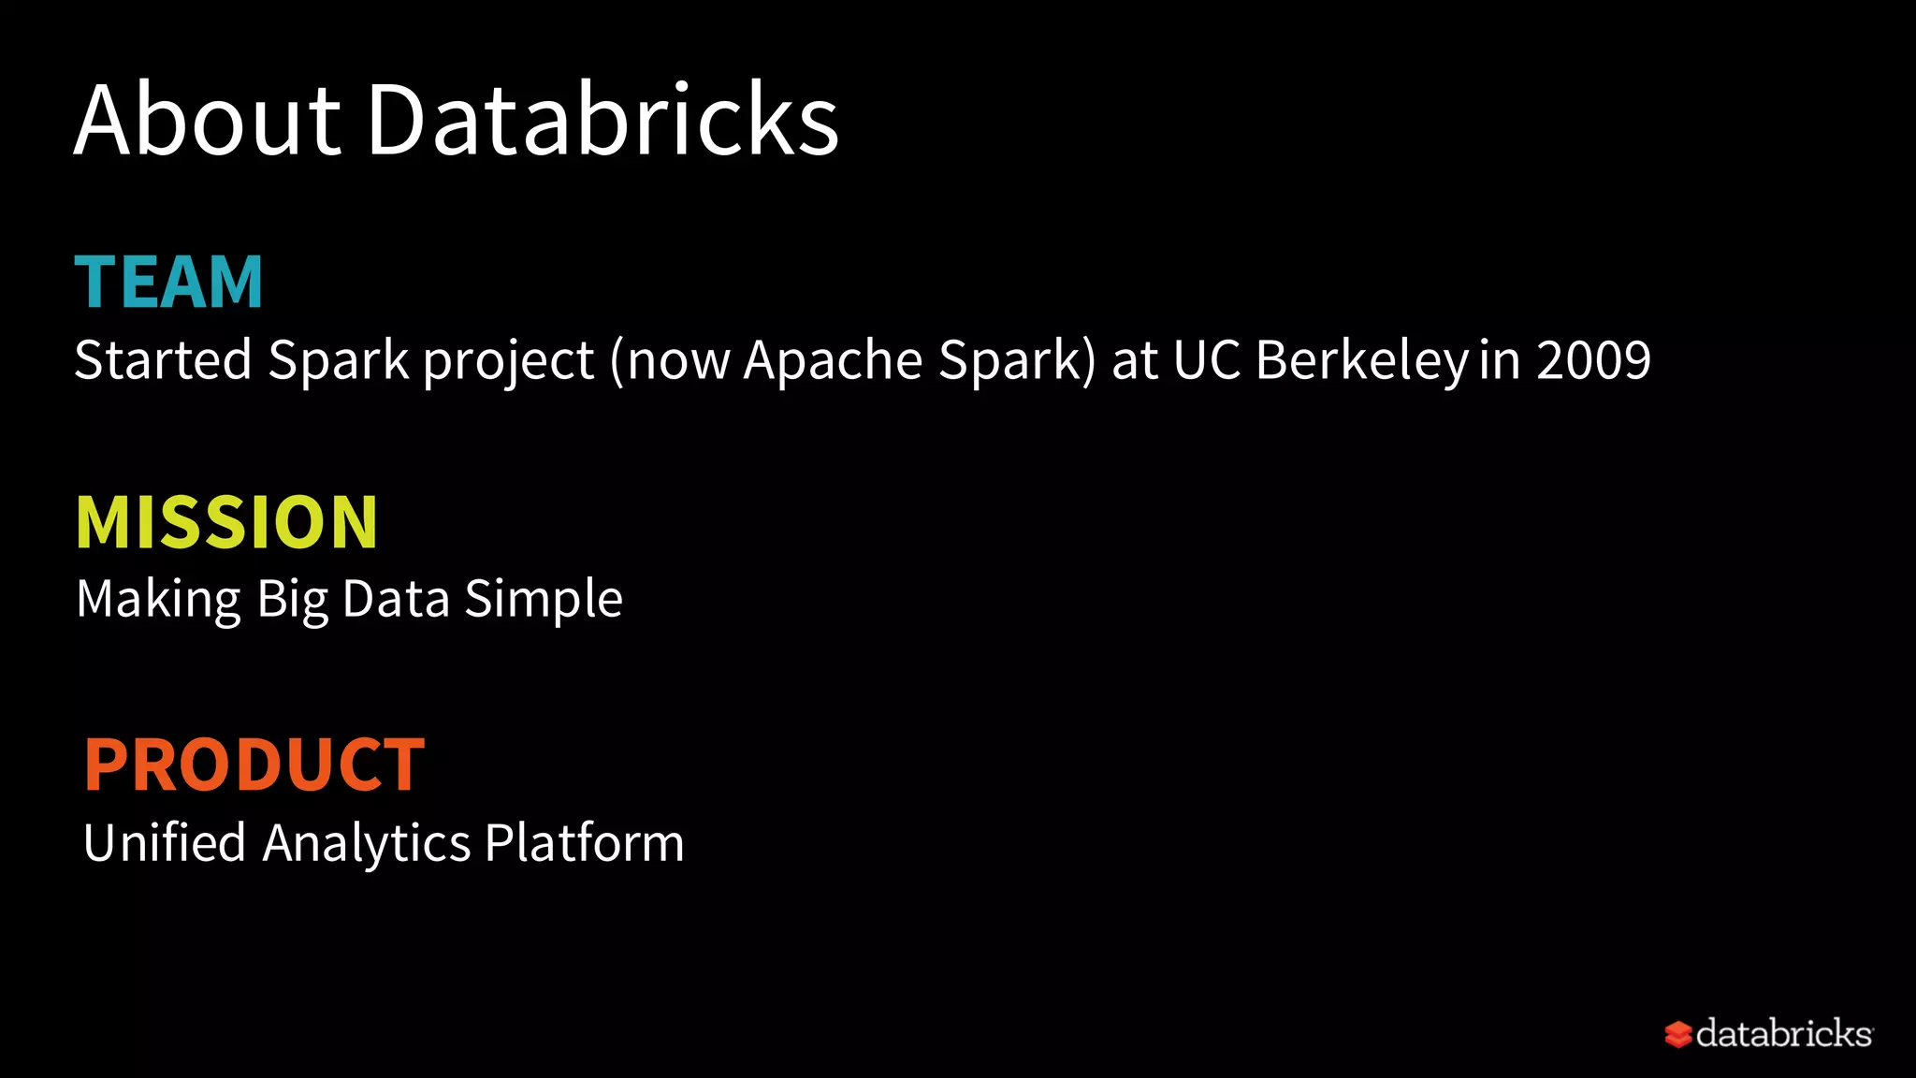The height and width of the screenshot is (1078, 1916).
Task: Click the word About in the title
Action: pyautogui.click(x=208, y=120)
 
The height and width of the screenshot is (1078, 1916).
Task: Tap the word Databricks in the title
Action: pyautogui.click(x=602, y=120)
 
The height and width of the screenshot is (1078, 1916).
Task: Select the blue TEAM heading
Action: pyautogui.click(x=169, y=282)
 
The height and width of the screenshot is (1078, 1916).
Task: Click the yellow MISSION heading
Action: pyautogui.click(x=227, y=522)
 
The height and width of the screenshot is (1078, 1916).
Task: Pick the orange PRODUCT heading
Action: pyautogui.click(x=254, y=765)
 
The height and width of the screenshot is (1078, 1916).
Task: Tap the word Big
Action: pyautogui.click(x=293, y=600)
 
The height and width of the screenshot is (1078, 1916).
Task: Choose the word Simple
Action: pyautogui.click(x=544, y=600)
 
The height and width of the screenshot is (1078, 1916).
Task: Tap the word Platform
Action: pyautogui.click(x=585, y=842)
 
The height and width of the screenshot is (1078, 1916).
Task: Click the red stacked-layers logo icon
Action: pyautogui.click(x=1678, y=1034)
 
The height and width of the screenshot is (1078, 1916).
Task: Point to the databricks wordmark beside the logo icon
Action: pyautogui.click(x=1783, y=1033)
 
